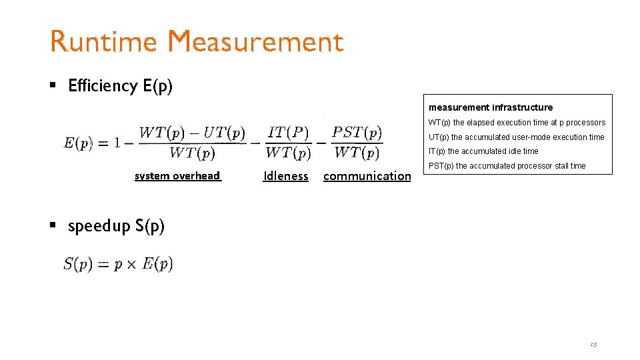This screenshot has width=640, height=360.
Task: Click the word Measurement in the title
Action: click(x=256, y=42)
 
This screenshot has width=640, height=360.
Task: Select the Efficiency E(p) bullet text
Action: click(x=120, y=86)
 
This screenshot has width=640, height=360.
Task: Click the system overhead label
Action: click(x=177, y=176)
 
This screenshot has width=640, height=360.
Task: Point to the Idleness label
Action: click(x=286, y=176)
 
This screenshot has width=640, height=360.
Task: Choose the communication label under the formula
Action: click(x=367, y=176)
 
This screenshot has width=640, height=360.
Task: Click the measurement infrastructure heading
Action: click(x=491, y=107)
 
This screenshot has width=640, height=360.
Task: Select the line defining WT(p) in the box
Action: click(x=517, y=123)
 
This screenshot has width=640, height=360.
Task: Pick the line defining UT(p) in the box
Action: click(x=516, y=137)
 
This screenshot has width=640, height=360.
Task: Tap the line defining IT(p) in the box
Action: click(x=483, y=151)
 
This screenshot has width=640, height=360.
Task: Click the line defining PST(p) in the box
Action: click(x=507, y=166)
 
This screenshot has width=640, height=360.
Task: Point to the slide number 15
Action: click(x=593, y=344)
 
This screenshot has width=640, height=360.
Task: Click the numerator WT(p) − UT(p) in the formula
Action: click(x=192, y=132)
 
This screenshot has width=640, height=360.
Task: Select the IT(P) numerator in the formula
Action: click(x=288, y=132)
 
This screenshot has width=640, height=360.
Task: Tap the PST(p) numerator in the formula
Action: click(x=357, y=132)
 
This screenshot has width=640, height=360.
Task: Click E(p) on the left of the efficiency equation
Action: click(x=79, y=143)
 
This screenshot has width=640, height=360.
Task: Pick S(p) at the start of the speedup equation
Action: click(x=77, y=264)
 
